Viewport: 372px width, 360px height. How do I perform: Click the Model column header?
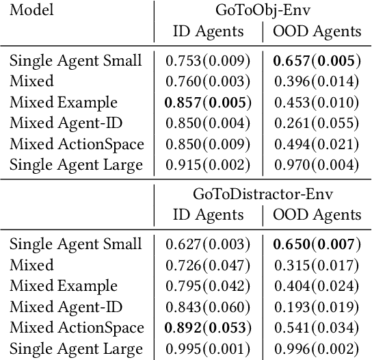31,11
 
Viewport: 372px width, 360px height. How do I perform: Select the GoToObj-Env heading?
263,11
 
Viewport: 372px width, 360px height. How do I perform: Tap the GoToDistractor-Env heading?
263,194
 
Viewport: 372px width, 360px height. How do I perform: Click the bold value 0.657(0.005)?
317,60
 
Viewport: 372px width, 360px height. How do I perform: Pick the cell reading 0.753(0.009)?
208,60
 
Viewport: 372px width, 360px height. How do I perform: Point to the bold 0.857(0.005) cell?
208,103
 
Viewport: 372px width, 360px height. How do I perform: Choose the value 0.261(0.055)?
317,123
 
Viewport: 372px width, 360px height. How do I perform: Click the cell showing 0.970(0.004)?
317,165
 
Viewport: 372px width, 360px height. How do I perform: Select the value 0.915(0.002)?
208,165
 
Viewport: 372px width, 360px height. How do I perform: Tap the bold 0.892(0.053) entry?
208,328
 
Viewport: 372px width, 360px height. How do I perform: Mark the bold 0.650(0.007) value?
317,244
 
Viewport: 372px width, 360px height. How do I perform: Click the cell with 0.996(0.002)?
317,348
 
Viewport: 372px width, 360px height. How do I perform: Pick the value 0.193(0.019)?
317,307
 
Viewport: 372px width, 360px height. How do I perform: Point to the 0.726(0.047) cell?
208,265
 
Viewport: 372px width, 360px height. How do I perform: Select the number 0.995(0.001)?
208,348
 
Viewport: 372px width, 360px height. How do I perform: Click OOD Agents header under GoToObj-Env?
317,31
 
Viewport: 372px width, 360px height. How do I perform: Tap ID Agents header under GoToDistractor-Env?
208,215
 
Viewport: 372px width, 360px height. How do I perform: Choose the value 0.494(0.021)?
317,144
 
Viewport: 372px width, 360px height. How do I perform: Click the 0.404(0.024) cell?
317,286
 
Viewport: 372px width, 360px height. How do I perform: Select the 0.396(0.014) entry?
317,81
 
